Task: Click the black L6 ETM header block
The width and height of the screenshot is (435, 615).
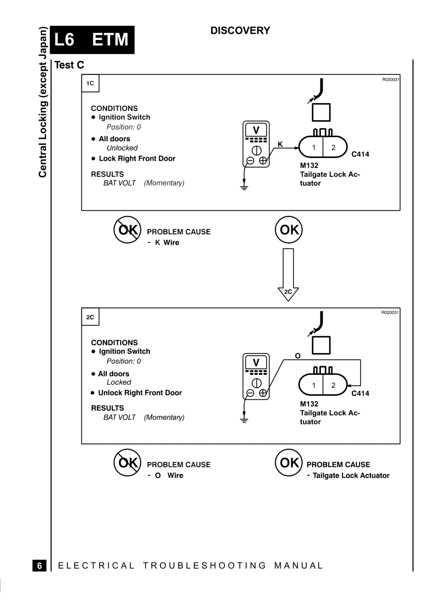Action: [92, 40]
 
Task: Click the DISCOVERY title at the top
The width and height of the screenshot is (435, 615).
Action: [240, 30]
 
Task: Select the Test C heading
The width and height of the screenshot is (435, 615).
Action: [69, 65]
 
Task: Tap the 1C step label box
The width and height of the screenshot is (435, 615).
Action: [90, 83]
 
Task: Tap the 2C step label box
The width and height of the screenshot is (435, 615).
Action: [90, 317]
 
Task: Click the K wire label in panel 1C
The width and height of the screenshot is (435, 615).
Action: [280, 144]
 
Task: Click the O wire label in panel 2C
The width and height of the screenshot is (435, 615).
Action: [298, 356]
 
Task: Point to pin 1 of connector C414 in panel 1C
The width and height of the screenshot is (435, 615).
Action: [314, 148]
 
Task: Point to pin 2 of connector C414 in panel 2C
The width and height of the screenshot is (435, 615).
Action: [333, 385]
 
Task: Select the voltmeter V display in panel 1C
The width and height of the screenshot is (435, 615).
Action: [256, 130]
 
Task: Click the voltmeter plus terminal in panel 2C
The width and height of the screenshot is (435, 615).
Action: [262, 393]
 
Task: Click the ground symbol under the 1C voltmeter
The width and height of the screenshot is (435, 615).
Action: [244, 188]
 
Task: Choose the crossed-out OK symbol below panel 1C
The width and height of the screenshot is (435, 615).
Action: [127, 229]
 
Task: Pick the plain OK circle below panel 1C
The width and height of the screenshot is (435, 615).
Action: [289, 229]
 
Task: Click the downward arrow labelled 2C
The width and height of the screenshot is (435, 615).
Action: [288, 275]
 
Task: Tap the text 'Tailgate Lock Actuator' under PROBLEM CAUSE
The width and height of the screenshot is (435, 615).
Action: [351, 475]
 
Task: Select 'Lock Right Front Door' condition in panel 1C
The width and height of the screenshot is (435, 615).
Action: [137, 158]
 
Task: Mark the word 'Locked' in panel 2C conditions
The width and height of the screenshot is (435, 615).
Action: [119, 382]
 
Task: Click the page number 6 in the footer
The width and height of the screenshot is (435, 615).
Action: [40, 565]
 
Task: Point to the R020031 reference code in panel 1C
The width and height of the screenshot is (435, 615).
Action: [390, 80]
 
